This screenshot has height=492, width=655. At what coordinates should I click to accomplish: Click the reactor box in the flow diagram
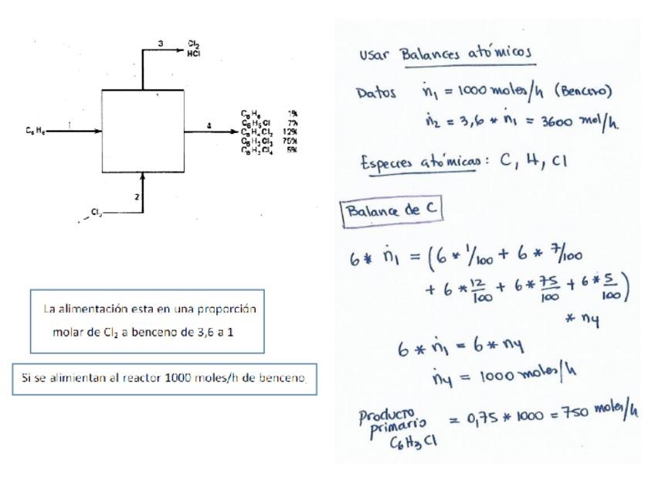click(143, 131)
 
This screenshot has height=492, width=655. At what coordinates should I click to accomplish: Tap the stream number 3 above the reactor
click(160, 43)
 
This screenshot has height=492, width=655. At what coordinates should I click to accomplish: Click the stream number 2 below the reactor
click(137, 196)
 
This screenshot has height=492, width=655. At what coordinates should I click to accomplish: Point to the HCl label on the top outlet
click(194, 53)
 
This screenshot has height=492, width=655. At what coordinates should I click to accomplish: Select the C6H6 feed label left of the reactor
click(34, 131)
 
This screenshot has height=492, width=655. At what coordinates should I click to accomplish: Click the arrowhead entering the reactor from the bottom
click(143, 176)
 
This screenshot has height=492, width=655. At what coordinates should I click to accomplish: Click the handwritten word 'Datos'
click(375, 93)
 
